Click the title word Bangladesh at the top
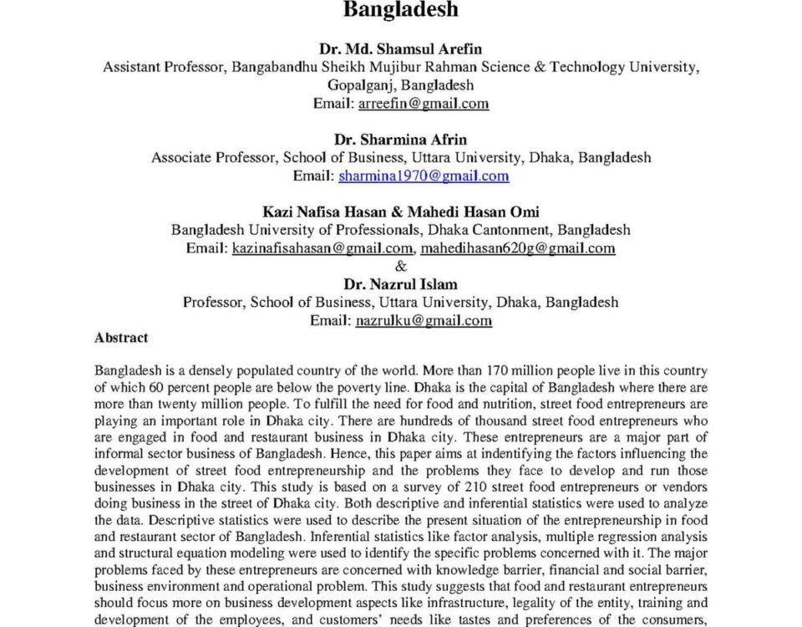tap(400, 11)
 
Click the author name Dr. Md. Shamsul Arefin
tap(400, 49)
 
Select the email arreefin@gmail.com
tap(423, 104)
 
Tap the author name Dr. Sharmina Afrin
tap(400, 139)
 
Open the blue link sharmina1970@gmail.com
tap(424, 176)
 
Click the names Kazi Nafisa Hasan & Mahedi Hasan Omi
tap(400, 212)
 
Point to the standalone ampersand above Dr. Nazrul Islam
tap(401, 267)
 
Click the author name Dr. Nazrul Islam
tap(400, 284)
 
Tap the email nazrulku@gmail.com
tap(424, 320)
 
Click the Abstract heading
tap(121, 338)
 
